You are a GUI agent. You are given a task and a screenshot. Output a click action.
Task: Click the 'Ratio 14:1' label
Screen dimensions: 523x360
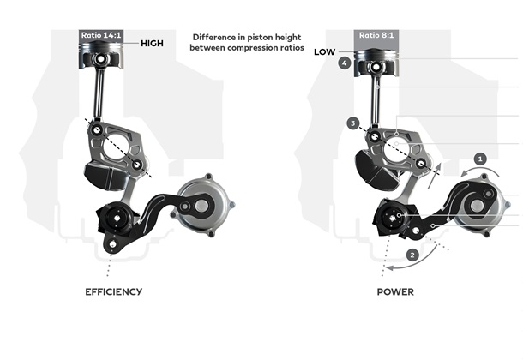point(101,35)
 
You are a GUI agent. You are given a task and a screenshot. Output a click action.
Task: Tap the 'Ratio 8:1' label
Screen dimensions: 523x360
point(376,35)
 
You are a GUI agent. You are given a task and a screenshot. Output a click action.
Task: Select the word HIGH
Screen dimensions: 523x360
point(152,44)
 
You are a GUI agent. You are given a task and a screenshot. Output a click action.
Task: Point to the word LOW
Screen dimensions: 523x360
point(325,52)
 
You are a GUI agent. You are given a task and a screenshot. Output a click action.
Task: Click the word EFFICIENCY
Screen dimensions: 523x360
point(114,292)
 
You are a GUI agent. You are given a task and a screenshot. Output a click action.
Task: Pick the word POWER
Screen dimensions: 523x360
point(395,292)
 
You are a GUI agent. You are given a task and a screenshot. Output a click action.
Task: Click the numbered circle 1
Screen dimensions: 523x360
point(480,159)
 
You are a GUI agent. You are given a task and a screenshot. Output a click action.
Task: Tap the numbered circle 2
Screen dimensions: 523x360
point(412,255)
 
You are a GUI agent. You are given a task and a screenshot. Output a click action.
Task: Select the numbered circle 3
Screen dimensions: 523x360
point(353,123)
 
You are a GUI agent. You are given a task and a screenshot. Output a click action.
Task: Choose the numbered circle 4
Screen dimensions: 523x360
point(345,63)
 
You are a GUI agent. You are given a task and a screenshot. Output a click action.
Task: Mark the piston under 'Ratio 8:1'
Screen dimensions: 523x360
point(376,63)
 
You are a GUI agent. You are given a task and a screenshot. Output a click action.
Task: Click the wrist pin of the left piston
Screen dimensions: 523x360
point(100,59)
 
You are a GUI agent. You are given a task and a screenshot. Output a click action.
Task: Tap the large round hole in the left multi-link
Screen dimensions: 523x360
point(117,147)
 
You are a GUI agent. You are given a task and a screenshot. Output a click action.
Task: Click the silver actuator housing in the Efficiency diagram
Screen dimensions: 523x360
point(204,205)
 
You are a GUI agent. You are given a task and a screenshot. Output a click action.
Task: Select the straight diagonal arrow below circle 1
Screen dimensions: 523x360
point(435,176)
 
